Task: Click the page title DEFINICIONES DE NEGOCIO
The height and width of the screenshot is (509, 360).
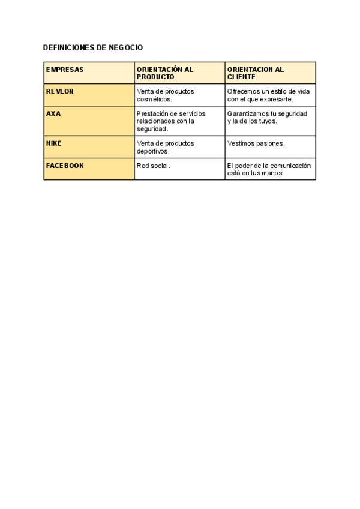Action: (93, 47)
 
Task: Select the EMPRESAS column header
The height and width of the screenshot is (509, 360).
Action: (65, 70)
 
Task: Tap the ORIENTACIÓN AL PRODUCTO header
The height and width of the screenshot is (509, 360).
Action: (165, 73)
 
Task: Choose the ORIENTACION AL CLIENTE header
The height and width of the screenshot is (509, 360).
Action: (256, 73)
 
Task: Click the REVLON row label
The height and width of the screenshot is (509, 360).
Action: (60, 91)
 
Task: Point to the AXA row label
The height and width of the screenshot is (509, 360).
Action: (53, 113)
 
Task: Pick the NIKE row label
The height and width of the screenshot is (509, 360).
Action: (54, 143)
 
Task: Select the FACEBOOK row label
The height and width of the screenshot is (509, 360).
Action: (65, 166)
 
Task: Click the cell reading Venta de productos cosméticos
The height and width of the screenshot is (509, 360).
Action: (166, 95)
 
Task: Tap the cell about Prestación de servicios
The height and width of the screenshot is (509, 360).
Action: (171, 121)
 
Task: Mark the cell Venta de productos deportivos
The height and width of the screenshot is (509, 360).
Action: (166, 147)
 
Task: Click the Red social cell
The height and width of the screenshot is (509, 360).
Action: (153, 166)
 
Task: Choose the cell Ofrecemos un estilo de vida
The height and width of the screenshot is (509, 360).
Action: (268, 95)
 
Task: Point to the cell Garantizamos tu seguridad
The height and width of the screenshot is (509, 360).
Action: (267, 117)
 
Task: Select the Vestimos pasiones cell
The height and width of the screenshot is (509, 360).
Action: (256, 143)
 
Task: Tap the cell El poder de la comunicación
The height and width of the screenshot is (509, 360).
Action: (269, 169)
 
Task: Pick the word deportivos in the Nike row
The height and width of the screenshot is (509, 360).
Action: (153, 151)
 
